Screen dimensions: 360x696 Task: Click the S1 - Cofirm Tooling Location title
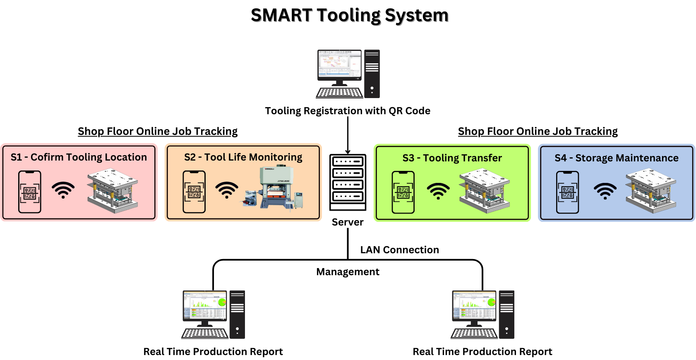(x=79, y=157)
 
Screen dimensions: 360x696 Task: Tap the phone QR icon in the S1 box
(x=30, y=192)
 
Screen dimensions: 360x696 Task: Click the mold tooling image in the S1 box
(x=113, y=190)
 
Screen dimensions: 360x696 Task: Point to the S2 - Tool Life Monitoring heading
(x=243, y=157)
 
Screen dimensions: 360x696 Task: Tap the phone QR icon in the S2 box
(x=194, y=192)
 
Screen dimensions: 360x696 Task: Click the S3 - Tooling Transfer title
(x=452, y=158)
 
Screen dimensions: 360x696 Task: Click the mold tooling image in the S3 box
(x=484, y=191)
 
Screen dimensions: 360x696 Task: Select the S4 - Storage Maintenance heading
(x=617, y=158)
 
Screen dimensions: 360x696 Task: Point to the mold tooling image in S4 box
(x=651, y=191)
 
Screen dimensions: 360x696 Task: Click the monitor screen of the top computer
(x=339, y=64)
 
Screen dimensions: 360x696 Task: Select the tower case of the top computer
(x=372, y=74)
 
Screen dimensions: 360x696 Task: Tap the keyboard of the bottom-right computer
(x=474, y=334)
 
